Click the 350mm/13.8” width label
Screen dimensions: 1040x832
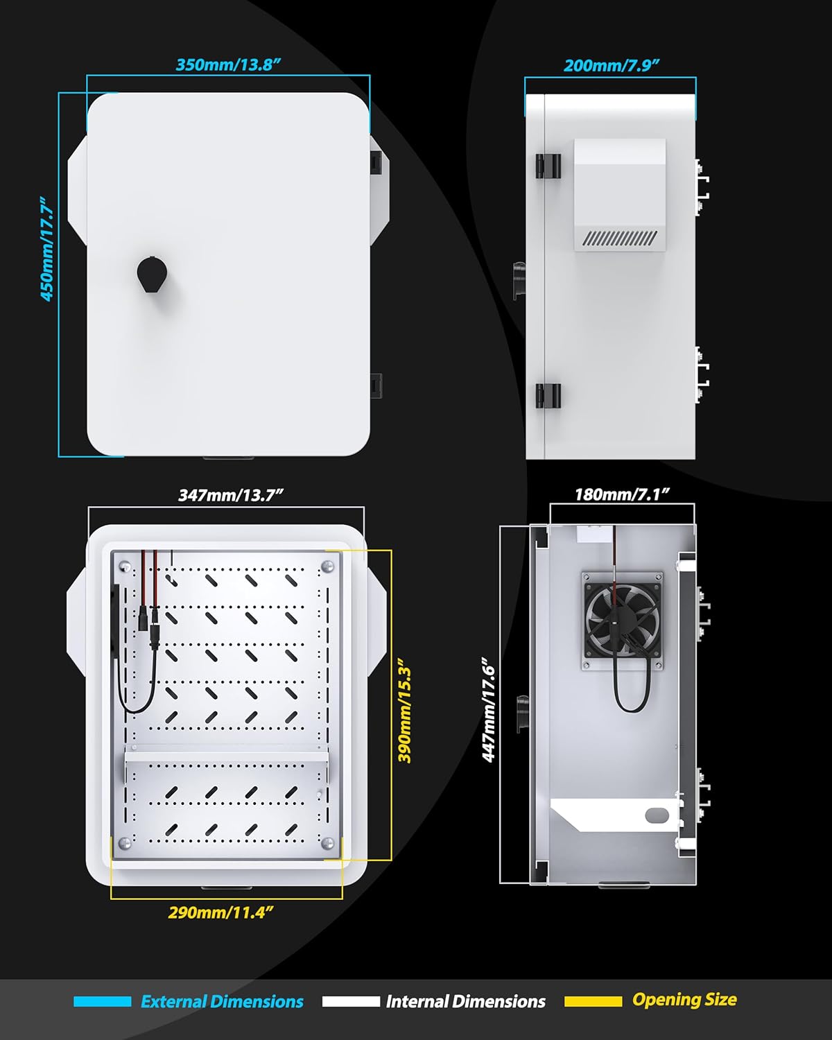pos(228,65)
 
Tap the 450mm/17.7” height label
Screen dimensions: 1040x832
pos(47,248)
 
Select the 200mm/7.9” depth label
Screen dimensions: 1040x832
pos(611,66)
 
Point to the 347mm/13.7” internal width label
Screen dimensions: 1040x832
pos(231,495)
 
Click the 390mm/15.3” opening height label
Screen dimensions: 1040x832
pos(406,714)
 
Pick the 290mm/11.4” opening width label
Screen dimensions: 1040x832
pos(220,912)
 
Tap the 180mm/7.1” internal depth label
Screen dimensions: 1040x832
pos(622,494)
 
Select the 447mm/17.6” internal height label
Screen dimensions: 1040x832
pos(489,711)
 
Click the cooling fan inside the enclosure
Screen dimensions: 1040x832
pos(622,621)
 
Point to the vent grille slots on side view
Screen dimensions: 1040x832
pos(619,239)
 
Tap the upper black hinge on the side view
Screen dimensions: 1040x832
pos(548,166)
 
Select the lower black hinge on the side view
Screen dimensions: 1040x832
pos(548,396)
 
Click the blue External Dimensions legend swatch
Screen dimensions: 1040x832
pos(102,1001)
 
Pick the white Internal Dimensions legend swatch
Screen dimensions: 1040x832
pos(351,1001)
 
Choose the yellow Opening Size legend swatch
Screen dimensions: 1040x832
pos(593,1001)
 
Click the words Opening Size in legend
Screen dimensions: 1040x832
pos(684,1000)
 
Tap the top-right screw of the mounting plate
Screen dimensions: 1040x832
pos(327,567)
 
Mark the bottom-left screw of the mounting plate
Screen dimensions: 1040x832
pos(125,843)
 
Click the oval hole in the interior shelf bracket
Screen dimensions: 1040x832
pos(656,815)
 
